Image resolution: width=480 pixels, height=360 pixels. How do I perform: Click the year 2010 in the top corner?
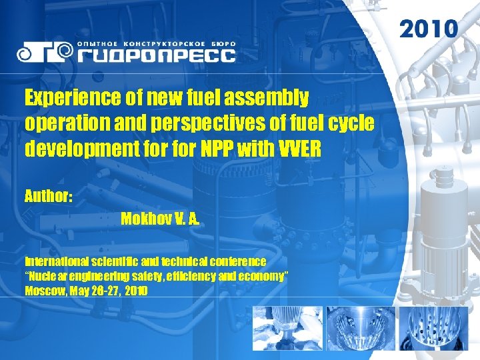point(429,29)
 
